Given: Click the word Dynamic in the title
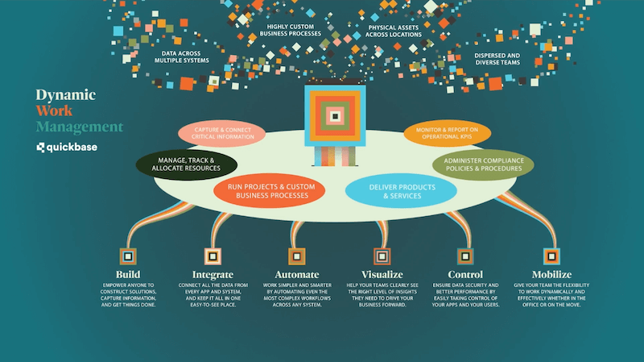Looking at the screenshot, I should (x=65, y=94).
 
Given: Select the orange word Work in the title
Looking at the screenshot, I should (x=55, y=110).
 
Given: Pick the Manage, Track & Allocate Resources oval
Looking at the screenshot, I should (x=186, y=164).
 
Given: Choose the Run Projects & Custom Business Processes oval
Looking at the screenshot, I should (x=270, y=190).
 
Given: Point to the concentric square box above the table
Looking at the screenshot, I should (x=334, y=117).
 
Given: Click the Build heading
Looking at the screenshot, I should (x=127, y=274).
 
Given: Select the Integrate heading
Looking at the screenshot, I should (x=213, y=274).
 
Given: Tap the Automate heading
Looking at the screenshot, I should (x=295, y=274).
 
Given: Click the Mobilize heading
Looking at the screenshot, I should (x=551, y=274).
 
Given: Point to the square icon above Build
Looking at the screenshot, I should (x=127, y=256).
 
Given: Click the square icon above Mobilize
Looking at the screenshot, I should (x=551, y=256).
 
